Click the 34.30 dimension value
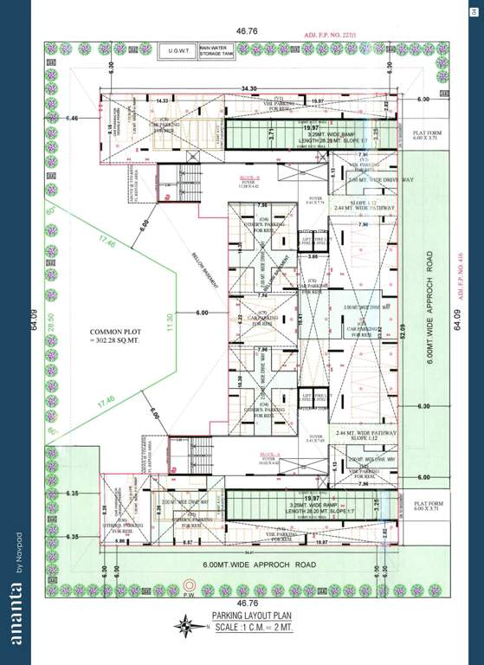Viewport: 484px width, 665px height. [x=249, y=88]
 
